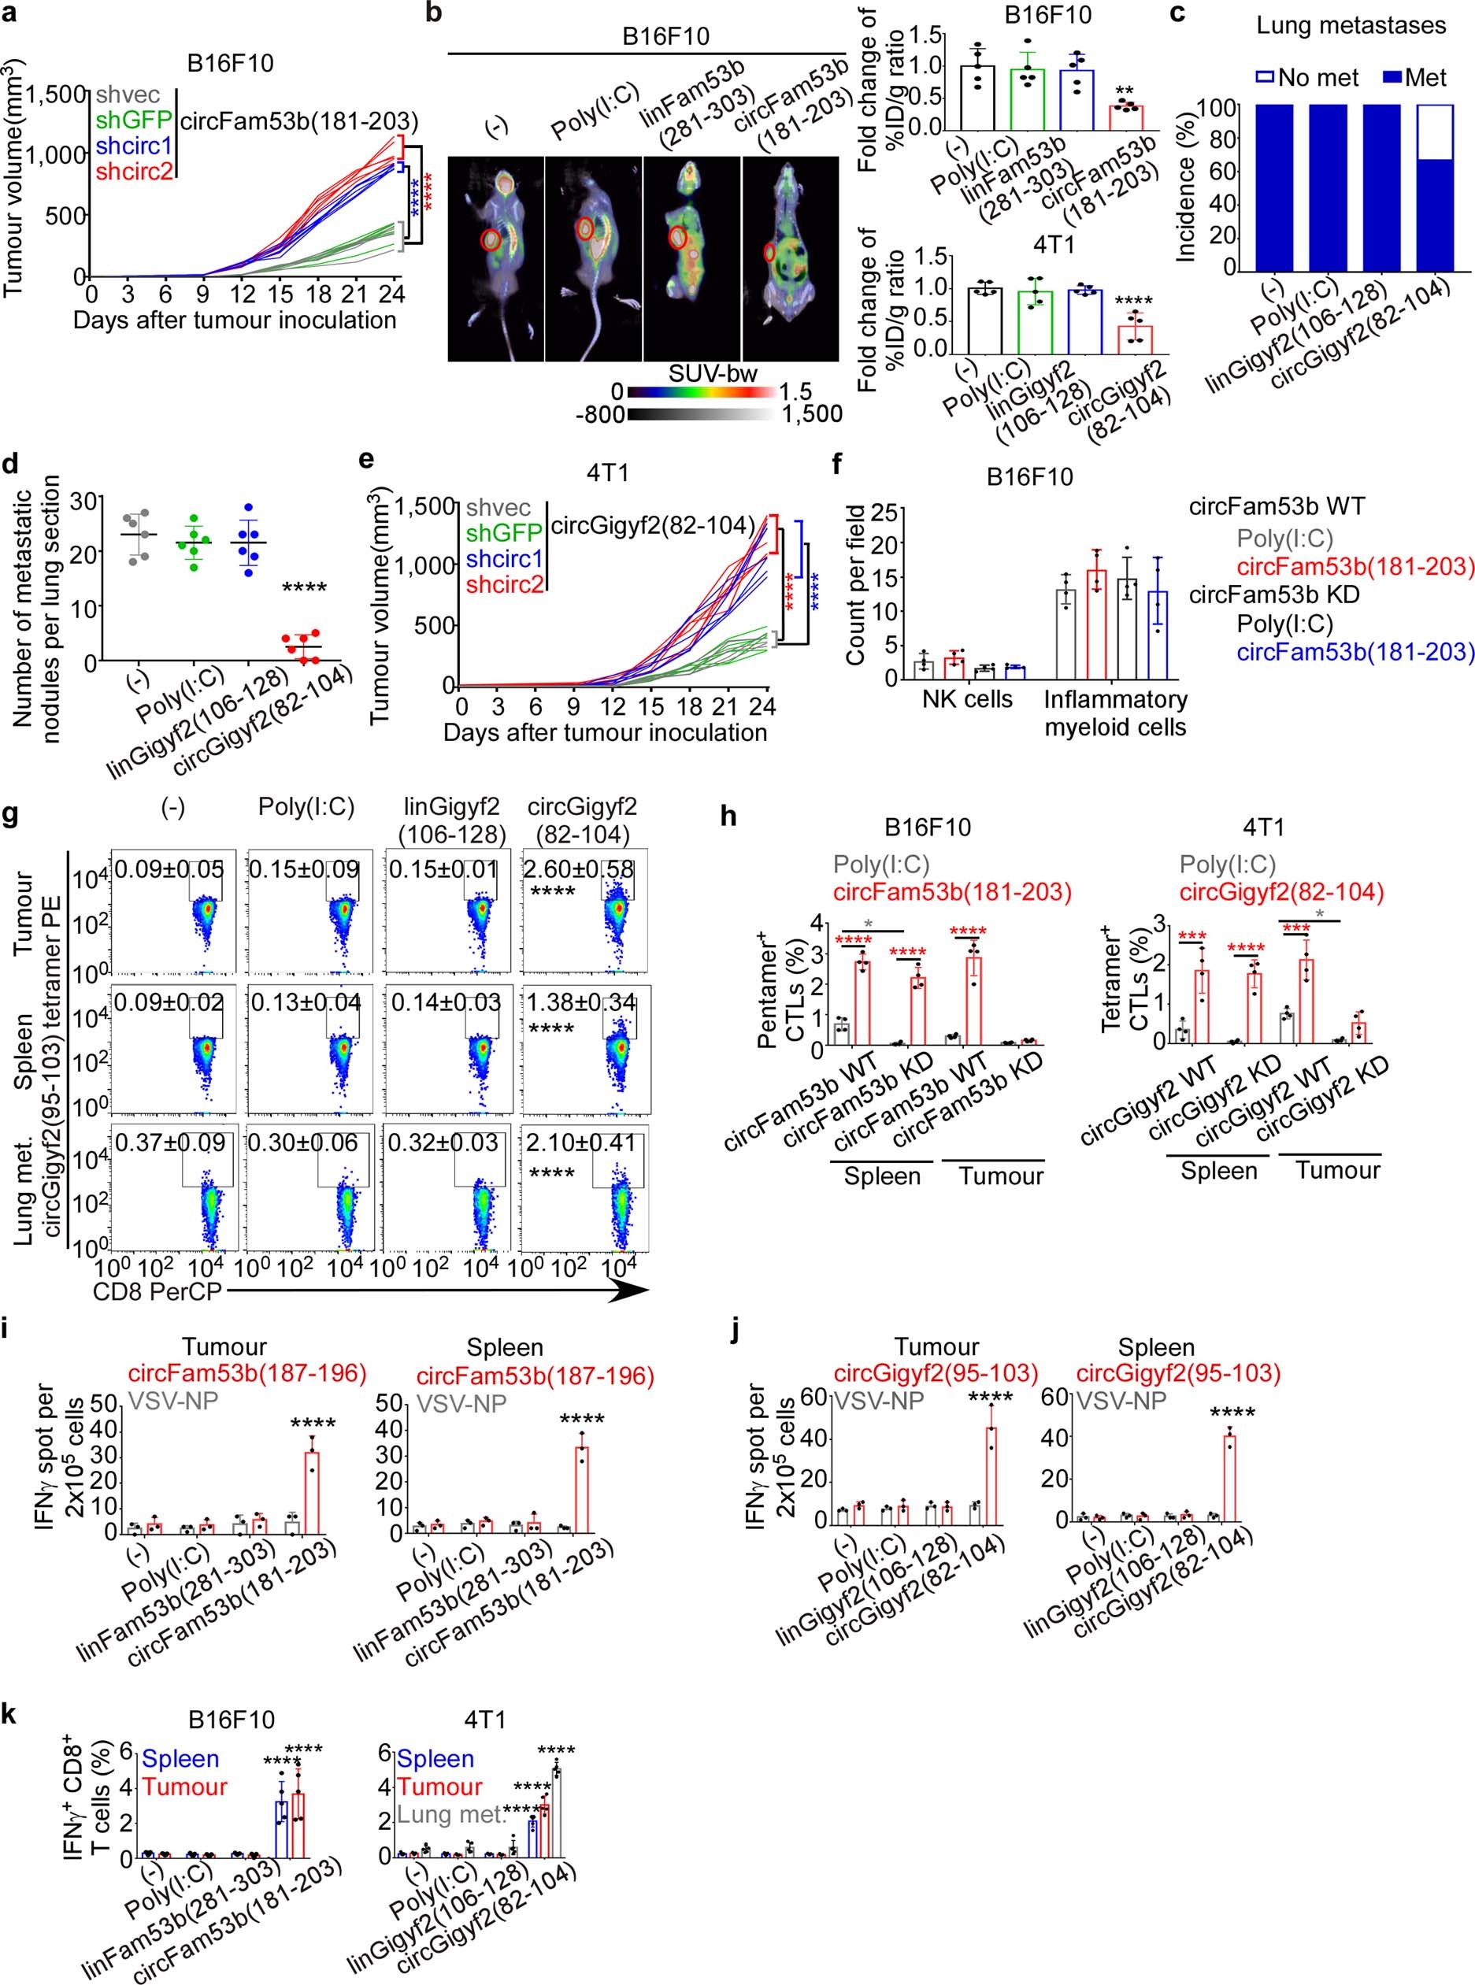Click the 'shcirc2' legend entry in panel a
[134, 172]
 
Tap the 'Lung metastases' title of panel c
[1351, 25]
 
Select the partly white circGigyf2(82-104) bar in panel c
[1433, 187]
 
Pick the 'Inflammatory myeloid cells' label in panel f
[1115, 713]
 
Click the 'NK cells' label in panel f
[967, 699]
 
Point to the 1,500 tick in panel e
[425, 507]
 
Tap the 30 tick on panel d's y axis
[81, 501]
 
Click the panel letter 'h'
[728, 815]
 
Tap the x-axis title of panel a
[234, 320]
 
